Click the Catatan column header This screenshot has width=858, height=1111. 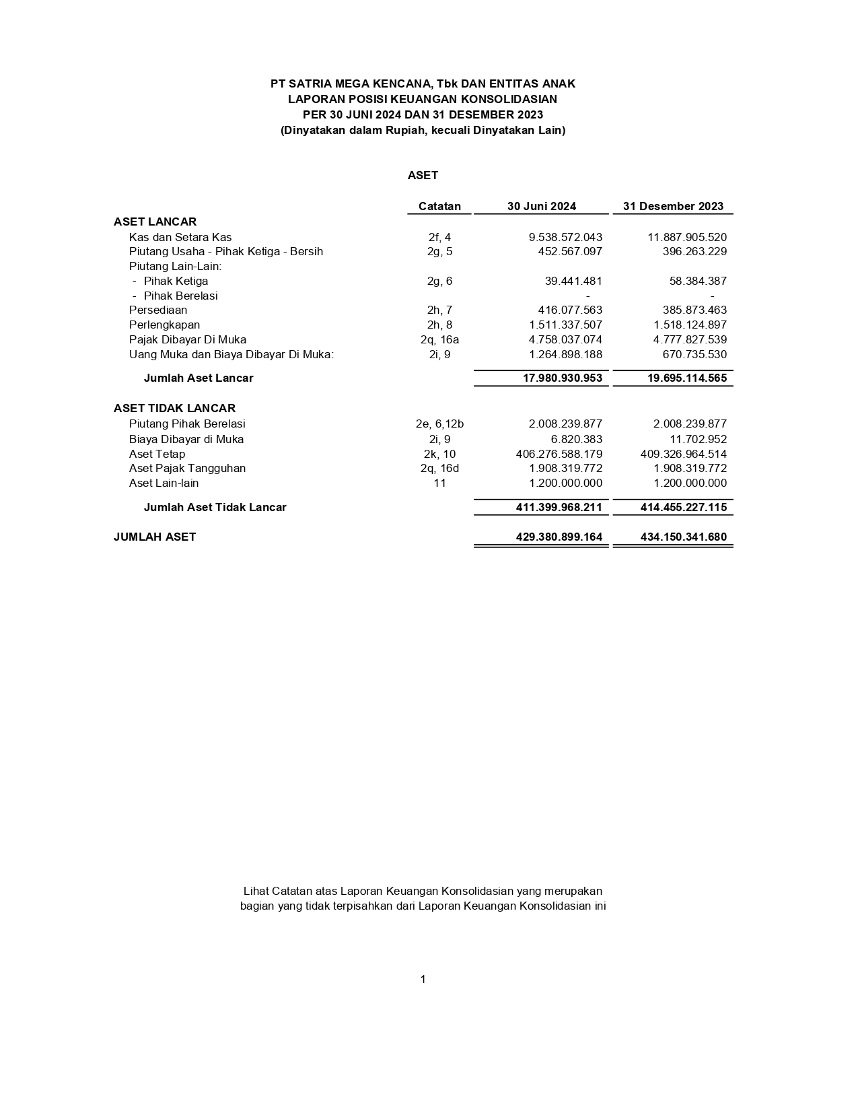pos(439,206)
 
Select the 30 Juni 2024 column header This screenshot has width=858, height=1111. pos(541,206)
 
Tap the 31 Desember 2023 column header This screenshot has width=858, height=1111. pos(673,206)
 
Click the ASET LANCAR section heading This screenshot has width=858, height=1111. pos(155,222)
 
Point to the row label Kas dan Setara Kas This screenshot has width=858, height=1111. pos(180,237)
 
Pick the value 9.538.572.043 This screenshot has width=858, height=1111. pos(565,237)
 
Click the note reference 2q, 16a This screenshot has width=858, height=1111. pos(439,339)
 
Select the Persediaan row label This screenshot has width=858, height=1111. pos(158,310)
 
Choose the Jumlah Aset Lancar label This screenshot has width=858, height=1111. pos(199,378)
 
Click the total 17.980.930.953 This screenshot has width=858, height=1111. pos(563,378)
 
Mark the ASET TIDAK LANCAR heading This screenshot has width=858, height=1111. pos(174,408)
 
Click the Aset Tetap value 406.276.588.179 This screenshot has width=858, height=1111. pos(559,454)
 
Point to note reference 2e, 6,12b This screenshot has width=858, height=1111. pos(439,424)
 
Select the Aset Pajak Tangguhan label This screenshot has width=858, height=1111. pos(187,468)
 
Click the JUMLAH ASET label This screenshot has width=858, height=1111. pos(155,537)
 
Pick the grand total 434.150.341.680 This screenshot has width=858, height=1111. pos(684,537)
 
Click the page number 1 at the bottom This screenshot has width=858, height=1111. pos(423,979)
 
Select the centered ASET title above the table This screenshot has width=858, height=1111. pos(423,175)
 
